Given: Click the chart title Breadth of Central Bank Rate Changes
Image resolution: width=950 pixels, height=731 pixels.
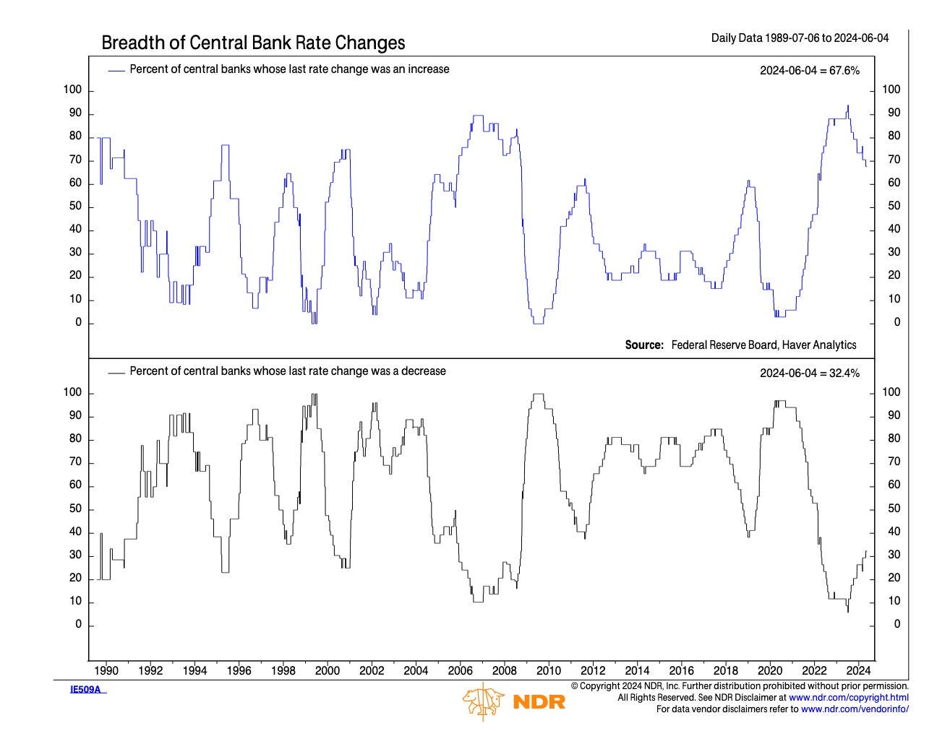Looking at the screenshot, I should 253,43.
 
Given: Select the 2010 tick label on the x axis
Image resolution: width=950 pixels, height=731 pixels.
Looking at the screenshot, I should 549,670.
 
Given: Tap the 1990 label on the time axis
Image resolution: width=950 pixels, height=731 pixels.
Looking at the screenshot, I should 106,670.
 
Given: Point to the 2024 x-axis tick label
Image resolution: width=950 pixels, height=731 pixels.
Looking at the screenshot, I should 858,670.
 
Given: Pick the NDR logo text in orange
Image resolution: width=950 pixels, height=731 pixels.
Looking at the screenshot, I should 539,701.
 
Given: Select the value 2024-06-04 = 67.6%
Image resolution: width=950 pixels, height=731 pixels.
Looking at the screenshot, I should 809,70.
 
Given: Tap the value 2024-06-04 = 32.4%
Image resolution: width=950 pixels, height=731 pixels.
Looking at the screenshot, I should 809,373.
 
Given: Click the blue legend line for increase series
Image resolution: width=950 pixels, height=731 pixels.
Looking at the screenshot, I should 116,70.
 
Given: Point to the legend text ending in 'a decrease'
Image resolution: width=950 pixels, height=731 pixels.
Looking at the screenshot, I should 288,371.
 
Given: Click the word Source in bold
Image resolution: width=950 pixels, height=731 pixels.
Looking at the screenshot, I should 644,345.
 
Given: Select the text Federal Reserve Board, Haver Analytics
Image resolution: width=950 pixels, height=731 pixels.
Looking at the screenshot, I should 763,345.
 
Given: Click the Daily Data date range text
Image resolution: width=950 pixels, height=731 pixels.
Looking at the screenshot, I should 800,38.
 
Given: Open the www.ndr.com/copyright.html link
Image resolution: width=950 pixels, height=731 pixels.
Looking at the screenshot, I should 848,698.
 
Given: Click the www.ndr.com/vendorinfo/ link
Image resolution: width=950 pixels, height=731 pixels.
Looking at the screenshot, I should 855,709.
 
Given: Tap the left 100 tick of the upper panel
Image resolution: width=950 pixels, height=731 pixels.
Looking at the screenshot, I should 74,90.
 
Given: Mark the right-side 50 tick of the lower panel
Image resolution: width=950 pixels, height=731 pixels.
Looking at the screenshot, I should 894,509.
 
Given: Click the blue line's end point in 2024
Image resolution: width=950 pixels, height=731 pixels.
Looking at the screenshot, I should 866,166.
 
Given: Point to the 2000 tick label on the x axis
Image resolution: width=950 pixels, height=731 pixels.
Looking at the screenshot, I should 328,670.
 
